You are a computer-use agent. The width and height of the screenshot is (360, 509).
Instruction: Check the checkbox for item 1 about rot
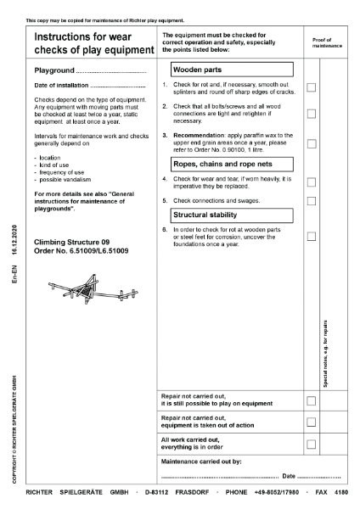pos(312,87)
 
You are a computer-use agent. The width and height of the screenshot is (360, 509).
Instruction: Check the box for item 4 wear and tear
pos(312,182)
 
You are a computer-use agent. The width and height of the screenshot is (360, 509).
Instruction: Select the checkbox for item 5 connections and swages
pos(312,201)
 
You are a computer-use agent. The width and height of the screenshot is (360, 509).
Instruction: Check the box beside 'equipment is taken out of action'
pos(312,422)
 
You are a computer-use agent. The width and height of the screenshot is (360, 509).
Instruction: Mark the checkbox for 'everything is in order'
pos(312,444)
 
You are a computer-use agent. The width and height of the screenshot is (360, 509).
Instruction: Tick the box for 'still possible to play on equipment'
pos(312,400)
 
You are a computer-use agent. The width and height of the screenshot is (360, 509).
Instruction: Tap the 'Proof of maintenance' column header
pos(327,42)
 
